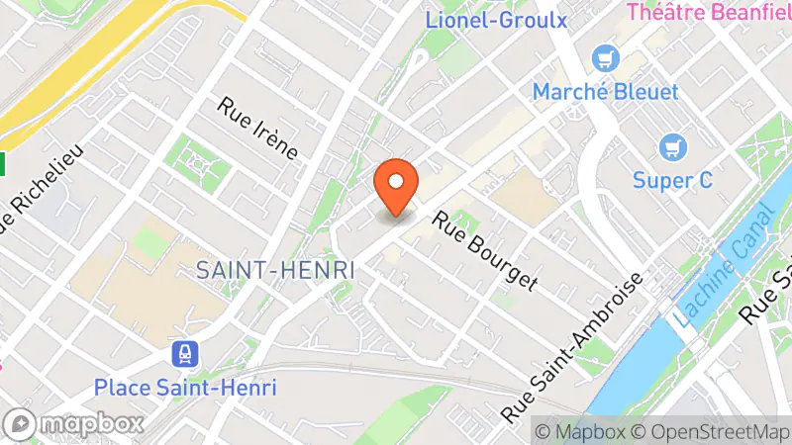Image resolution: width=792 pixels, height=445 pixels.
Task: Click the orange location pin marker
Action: pyautogui.click(x=396, y=186)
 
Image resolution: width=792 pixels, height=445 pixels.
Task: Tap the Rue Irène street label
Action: pyautogui.click(x=258, y=129)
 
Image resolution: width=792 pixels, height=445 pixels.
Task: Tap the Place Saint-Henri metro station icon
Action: pyautogui.click(x=185, y=353)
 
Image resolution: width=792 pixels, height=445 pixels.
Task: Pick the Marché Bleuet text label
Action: pyautogui.click(x=605, y=92)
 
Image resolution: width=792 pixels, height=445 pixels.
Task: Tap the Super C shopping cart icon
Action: pyautogui.click(x=674, y=148)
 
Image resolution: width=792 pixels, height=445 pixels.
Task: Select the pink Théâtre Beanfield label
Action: pyautogui.click(x=709, y=13)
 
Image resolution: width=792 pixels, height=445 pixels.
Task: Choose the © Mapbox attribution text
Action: pyautogui.click(x=579, y=431)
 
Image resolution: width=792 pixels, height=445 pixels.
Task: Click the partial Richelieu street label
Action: pyautogui.click(x=40, y=188)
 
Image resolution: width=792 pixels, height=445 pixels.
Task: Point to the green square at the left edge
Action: pyautogui.click(x=3, y=161)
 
